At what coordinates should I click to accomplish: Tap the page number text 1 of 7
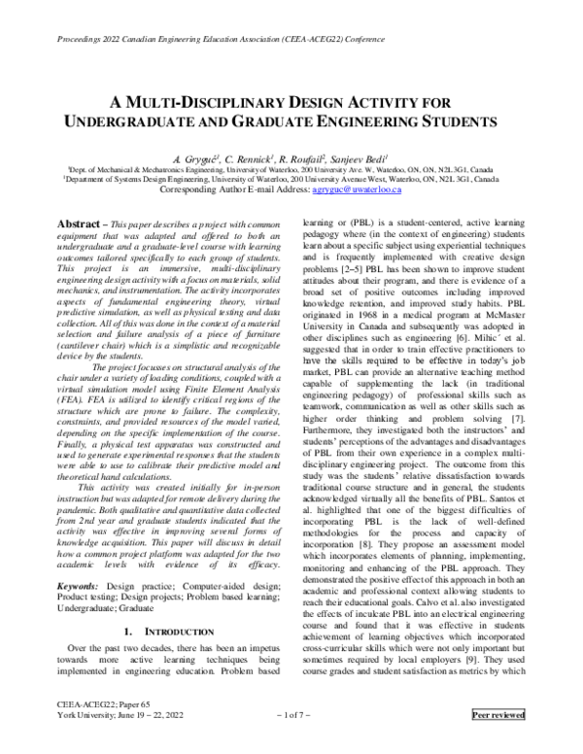click(291, 742)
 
